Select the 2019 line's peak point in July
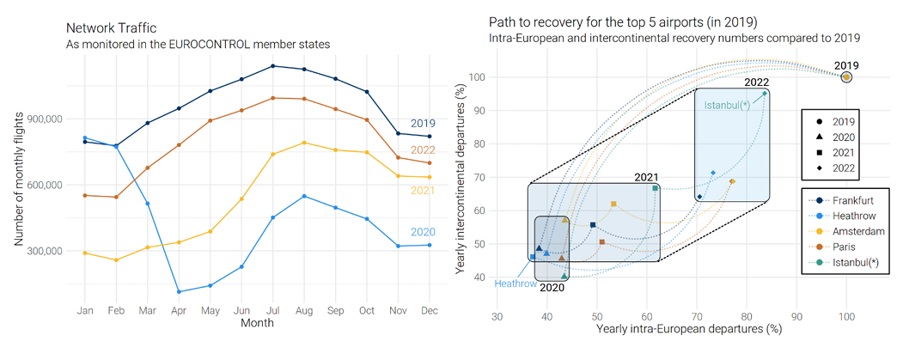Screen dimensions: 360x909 pyautogui.click(x=272, y=66)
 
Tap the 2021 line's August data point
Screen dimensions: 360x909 pyautogui.click(x=303, y=143)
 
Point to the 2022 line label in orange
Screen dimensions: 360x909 pyautogui.click(x=422, y=149)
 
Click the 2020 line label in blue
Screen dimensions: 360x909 pyautogui.click(x=422, y=232)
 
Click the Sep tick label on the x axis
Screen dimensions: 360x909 pyautogui.click(x=334, y=310)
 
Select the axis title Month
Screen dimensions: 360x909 pyautogui.click(x=258, y=324)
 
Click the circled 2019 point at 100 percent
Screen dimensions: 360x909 pyautogui.click(x=846, y=77)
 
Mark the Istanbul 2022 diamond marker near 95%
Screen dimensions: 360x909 pyautogui.click(x=765, y=94)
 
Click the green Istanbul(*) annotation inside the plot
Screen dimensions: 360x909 pyautogui.click(x=727, y=106)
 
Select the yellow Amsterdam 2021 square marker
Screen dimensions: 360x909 pyautogui.click(x=613, y=204)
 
